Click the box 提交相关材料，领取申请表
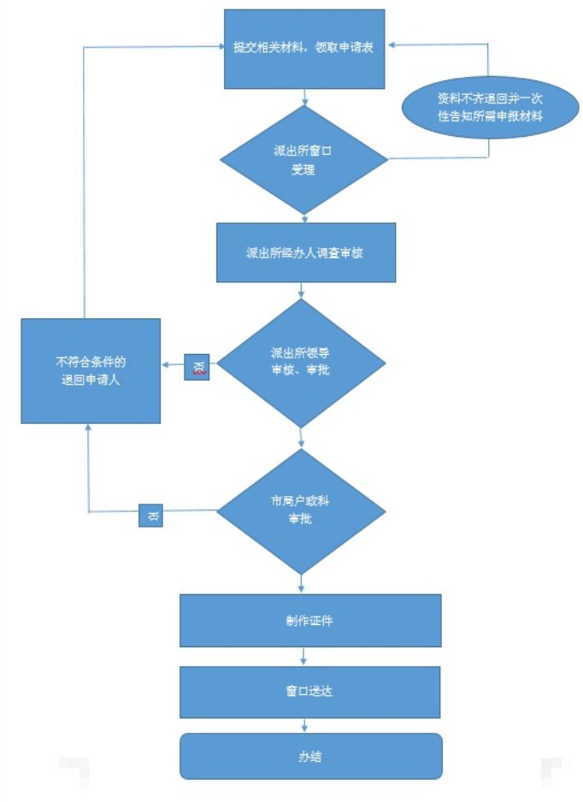(x=303, y=49)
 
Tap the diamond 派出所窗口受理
(x=303, y=160)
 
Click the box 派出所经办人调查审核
(x=305, y=253)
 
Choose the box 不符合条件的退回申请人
(x=91, y=371)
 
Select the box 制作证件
(x=309, y=620)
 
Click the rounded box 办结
(x=309, y=756)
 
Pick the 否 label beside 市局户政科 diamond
(x=150, y=516)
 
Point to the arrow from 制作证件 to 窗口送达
(x=305, y=657)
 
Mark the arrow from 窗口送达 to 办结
(x=305, y=725)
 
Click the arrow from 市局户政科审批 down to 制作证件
(x=302, y=584)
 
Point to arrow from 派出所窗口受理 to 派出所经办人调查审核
(x=304, y=218)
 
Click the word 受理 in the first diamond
(x=303, y=170)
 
